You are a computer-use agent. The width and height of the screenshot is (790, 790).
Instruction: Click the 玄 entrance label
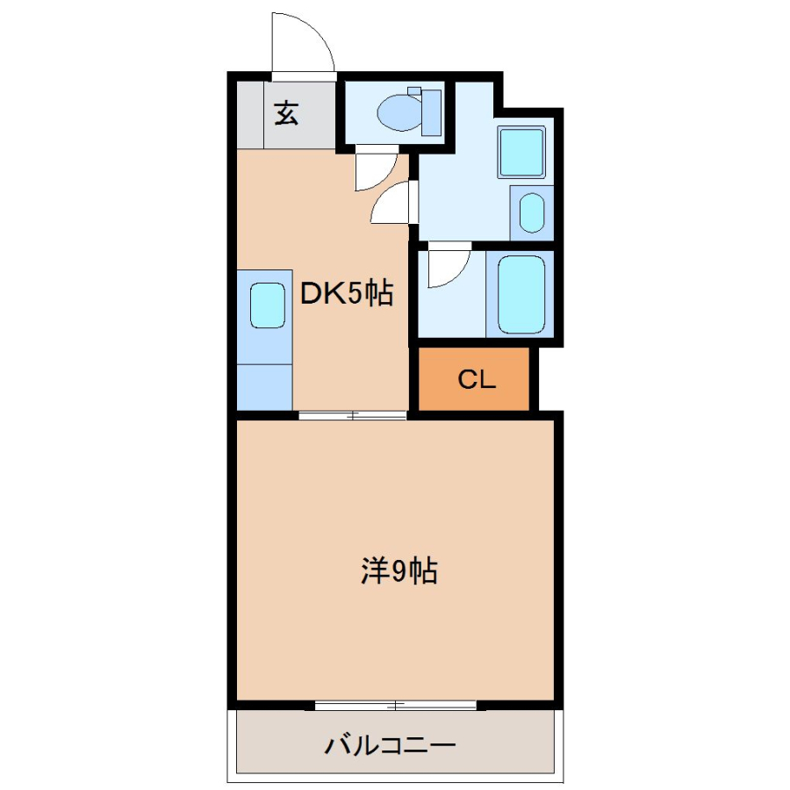click(x=286, y=113)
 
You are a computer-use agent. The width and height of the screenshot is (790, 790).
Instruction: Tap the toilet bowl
click(x=399, y=112)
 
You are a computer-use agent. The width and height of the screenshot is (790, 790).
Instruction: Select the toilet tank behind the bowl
click(x=431, y=112)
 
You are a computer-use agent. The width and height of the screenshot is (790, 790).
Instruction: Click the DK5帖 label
click(x=347, y=292)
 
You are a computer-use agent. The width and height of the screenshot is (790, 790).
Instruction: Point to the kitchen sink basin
click(x=268, y=305)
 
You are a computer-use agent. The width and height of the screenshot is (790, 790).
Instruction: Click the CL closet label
click(x=476, y=379)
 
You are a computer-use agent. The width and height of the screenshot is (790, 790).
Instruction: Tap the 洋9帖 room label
click(x=399, y=571)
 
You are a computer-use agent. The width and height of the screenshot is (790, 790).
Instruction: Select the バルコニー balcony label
click(x=390, y=745)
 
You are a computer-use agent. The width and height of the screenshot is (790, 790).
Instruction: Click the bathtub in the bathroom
click(x=521, y=294)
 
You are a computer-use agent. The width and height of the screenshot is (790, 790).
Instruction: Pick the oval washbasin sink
click(x=532, y=213)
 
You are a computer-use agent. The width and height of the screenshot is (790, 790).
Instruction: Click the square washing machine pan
click(x=521, y=152)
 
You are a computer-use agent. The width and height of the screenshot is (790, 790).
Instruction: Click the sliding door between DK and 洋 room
click(x=352, y=416)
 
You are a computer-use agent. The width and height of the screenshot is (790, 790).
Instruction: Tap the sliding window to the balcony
click(x=396, y=706)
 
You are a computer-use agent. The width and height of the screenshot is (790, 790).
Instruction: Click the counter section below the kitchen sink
click(x=264, y=387)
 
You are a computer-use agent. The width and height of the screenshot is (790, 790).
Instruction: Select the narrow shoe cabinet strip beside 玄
click(x=250, y=115)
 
